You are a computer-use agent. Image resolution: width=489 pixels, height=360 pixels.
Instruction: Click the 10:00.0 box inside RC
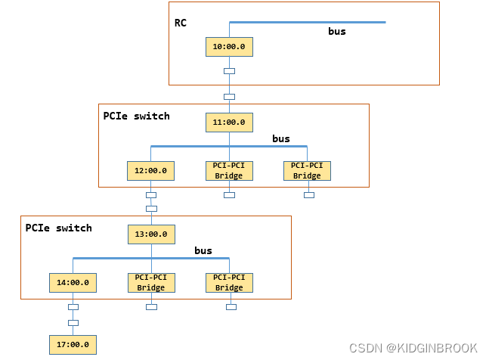[x=229, y=46]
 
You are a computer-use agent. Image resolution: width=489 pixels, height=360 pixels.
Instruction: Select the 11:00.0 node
[x=229, y=121]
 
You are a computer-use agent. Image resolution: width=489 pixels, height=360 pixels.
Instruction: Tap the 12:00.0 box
[x=150, y=171]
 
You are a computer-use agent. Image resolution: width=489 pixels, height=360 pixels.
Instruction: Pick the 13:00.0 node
[x=151, y=234]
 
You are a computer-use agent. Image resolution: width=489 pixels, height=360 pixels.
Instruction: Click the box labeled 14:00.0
[x=73, y=283]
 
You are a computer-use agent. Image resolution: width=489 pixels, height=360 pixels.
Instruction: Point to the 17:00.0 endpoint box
[x=73, y=344]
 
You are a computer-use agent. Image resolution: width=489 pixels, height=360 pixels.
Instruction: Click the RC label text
[x=181, y=23]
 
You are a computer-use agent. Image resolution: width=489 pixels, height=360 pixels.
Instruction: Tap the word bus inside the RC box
[x=336, y=32]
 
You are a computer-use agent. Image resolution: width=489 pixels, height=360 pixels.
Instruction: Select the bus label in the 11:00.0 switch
[x=281, y=139]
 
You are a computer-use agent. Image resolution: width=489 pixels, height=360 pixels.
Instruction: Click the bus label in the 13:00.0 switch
[x=203, y=250]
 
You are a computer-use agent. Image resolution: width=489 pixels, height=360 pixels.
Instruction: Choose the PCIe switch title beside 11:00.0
[x=136, y=116]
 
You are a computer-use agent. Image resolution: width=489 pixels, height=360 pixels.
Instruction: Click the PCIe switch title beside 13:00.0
[x=59, y=228]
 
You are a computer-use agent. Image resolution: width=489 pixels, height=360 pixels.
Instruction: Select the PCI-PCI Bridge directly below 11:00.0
[x=229, y=171]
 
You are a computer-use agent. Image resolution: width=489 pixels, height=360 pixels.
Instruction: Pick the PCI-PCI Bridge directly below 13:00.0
[x=151, y=283]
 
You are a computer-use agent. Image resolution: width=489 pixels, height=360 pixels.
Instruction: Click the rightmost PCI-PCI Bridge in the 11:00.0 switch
[x=307, y=171]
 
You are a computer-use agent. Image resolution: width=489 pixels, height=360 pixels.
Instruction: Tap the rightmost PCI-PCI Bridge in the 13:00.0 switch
[x=229, y=283]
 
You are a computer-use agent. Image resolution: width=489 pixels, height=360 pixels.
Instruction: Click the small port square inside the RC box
[x=229, y=71]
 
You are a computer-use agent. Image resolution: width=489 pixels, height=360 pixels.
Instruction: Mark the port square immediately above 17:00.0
[x=73, y=323]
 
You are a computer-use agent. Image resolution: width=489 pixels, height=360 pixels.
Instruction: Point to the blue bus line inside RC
[x=307, y=22]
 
